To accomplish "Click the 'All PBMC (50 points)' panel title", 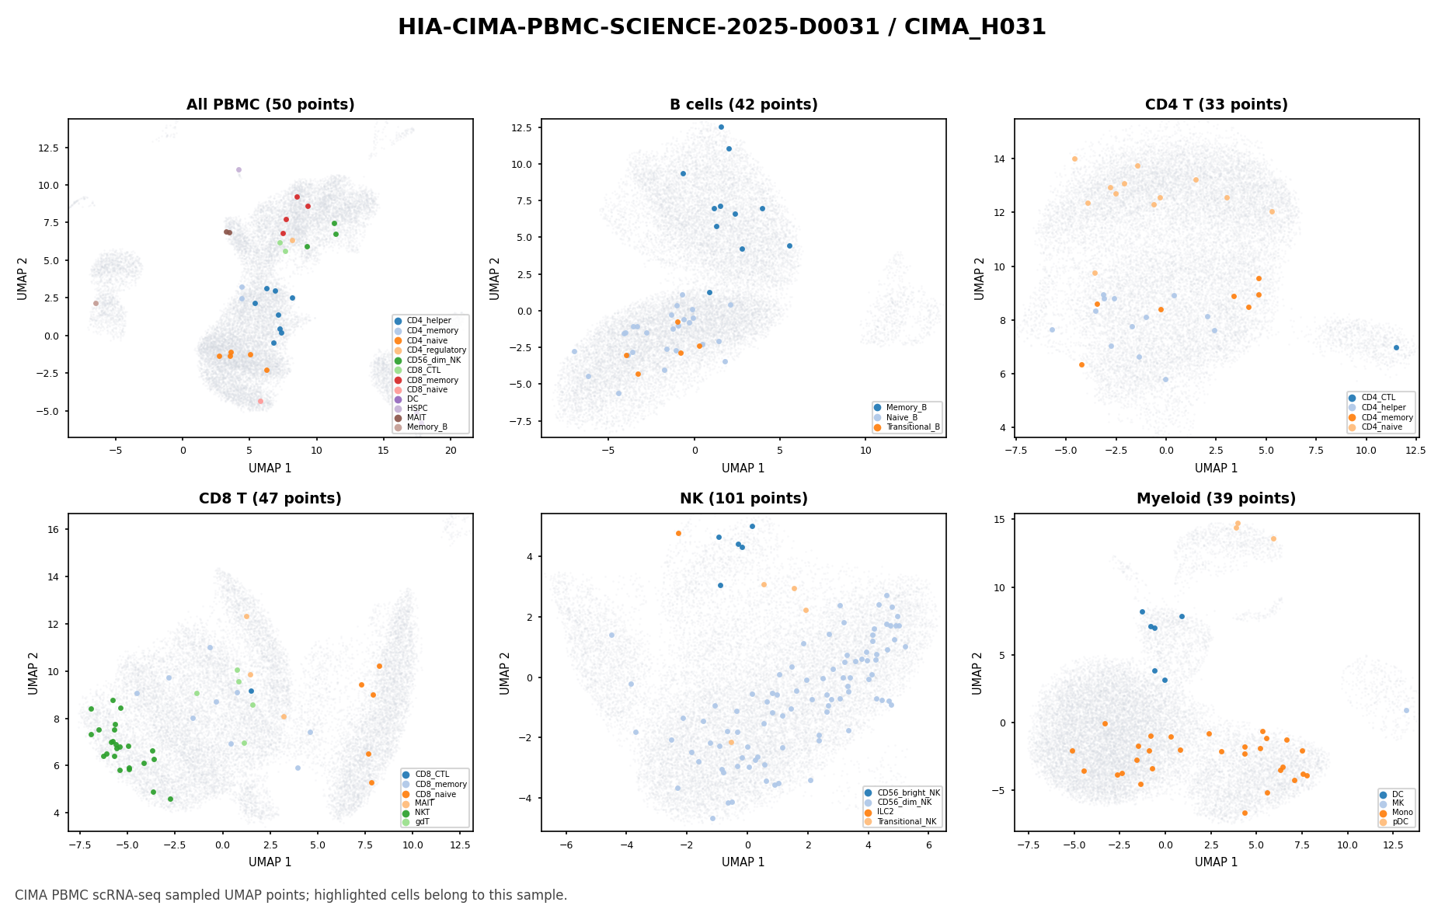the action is coord(270,105).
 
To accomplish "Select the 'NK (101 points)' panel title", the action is coord(743,499).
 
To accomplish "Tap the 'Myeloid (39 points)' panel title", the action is coord(1216,499).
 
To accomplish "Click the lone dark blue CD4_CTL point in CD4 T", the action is coord(1396,347).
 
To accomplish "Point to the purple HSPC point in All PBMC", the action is coord(239,169).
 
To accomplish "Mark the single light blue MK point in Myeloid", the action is coord(1406,710).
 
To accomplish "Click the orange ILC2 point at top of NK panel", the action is coord(678,533).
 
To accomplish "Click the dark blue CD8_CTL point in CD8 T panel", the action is coord(251,691).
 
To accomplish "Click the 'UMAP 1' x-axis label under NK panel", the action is coord(743,862).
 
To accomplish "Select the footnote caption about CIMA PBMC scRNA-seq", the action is coord(291,895).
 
